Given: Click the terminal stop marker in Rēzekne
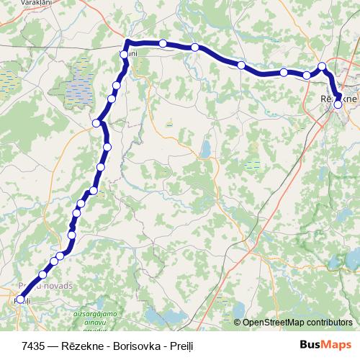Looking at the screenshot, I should tap(338, 104).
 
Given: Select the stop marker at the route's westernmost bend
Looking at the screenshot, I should tap(96, 123).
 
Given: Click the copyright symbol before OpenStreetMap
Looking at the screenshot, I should tap(238, 323).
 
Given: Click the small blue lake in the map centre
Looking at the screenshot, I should tap(206, 150).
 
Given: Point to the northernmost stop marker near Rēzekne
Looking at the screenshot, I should tap(323, 67).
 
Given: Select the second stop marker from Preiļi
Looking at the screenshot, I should tap(42, 274).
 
